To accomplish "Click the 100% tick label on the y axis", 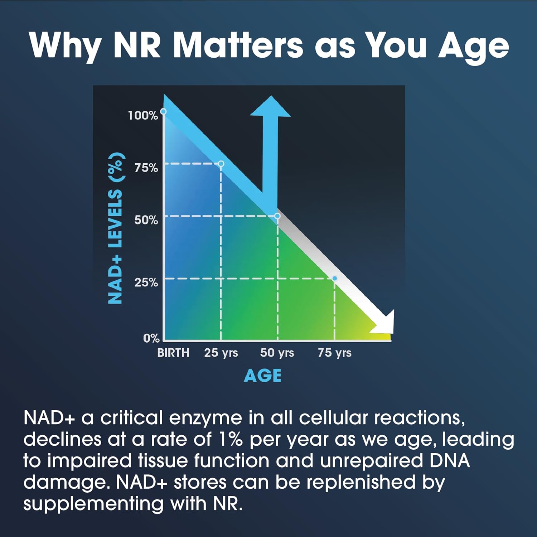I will pyautogui.click(x=143, y=115).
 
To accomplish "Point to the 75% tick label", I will pyautogui.click(x=146, y=168).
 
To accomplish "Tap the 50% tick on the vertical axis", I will pyautogui.click(x=146, y=220).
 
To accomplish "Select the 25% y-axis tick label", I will pyautogui.click(x=146, y=282).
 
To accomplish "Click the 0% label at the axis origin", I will pyautogui.click(x=151, y=338).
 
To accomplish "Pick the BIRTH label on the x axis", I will pyautogui.click(x=173, y=353).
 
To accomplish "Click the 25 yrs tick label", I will pyautogui.click(x=221, y=353).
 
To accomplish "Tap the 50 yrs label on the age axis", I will pyautogui.click(x=277, y=353).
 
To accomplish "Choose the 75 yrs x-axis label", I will pyautogui.click(x=334, y=353).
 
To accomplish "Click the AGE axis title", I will pyautogui.click(x=262, y=376).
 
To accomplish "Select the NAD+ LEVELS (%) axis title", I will pyautogui.click(x=116, y=228).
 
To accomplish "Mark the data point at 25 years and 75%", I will pyautogui.click(x=221, y=164).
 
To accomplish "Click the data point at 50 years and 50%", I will pyautogui.click(x=277, y=216).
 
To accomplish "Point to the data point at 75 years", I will pyautogui.click(x=335, y=278).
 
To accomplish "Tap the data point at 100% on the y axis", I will pyautogui.click(x=163, y=111).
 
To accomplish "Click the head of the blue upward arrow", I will pyautogui.click(x=270, y=107).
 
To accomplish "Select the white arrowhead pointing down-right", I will pyautogui.click(x=385, y=323).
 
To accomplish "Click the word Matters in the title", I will pyautogui.click(x=238, y=46).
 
